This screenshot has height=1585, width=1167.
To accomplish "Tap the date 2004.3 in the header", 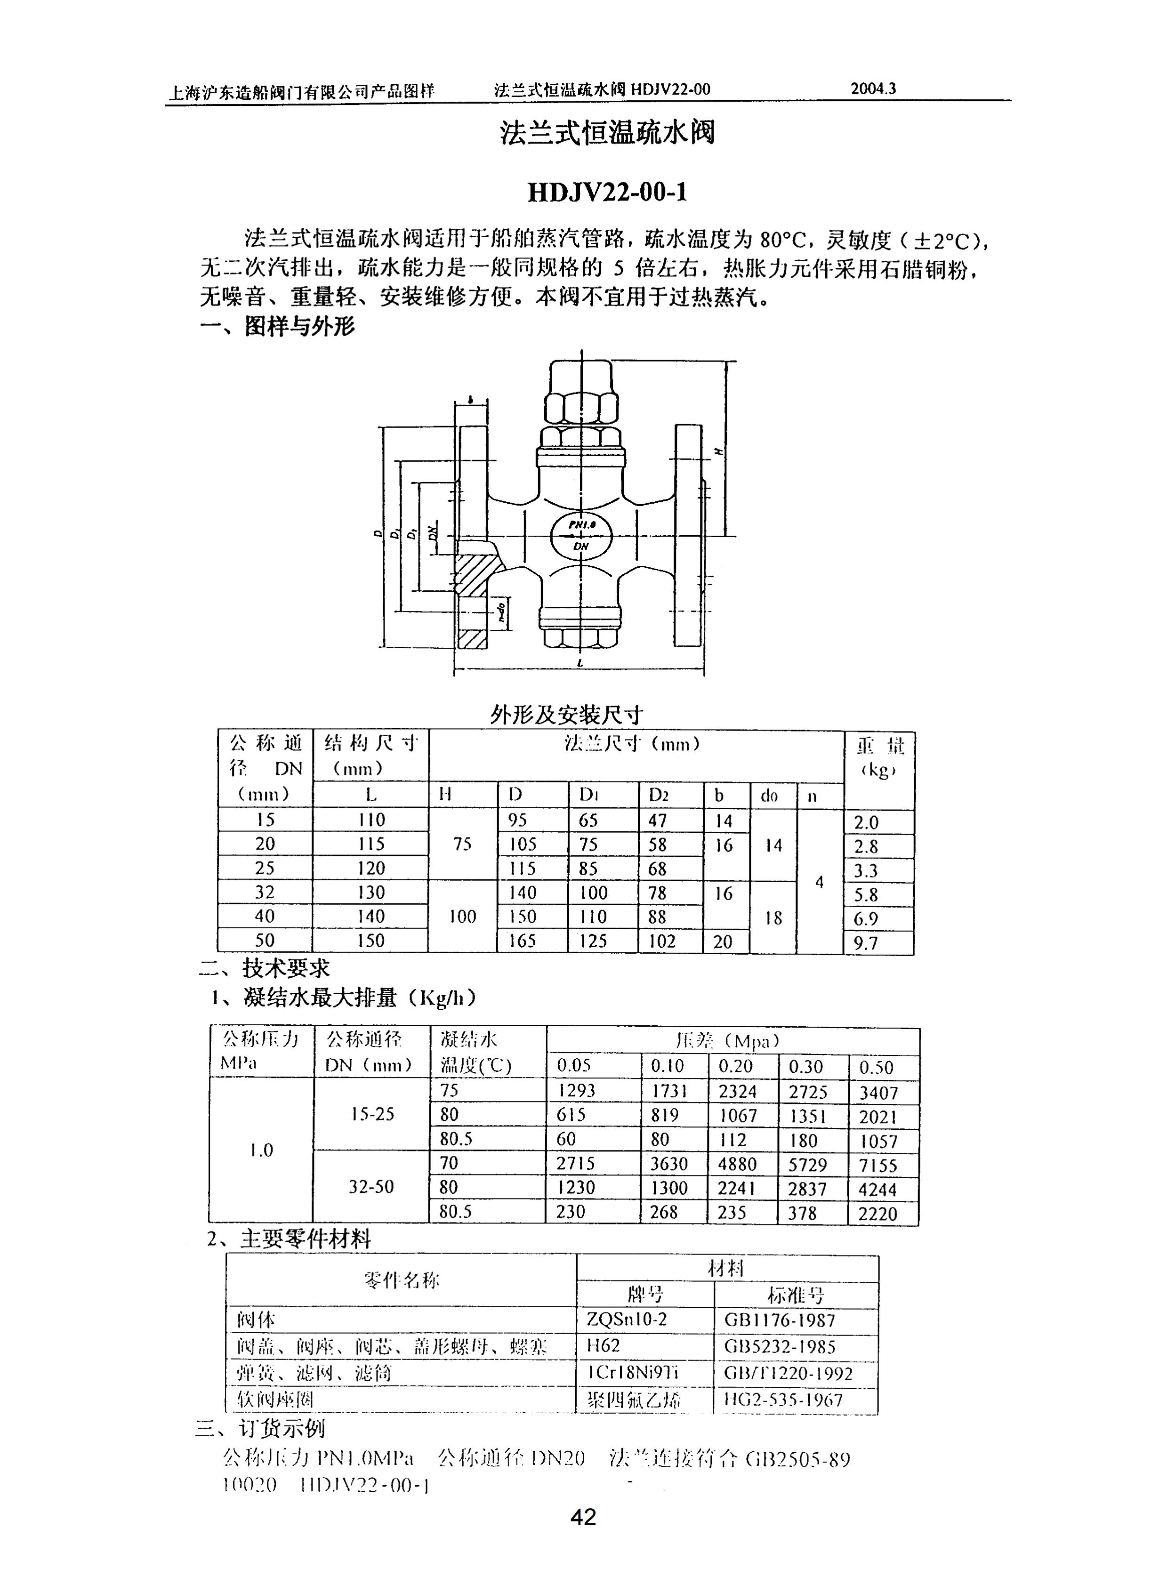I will point(873,89).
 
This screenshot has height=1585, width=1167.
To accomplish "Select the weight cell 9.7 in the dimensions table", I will point(866,943).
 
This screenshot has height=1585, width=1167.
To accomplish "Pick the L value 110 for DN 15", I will point(371,820).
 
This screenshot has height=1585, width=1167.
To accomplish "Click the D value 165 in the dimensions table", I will point(523,941).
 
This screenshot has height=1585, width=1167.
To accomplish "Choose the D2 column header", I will point(659,796).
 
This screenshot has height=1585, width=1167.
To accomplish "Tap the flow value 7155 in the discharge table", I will point(878,1166).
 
